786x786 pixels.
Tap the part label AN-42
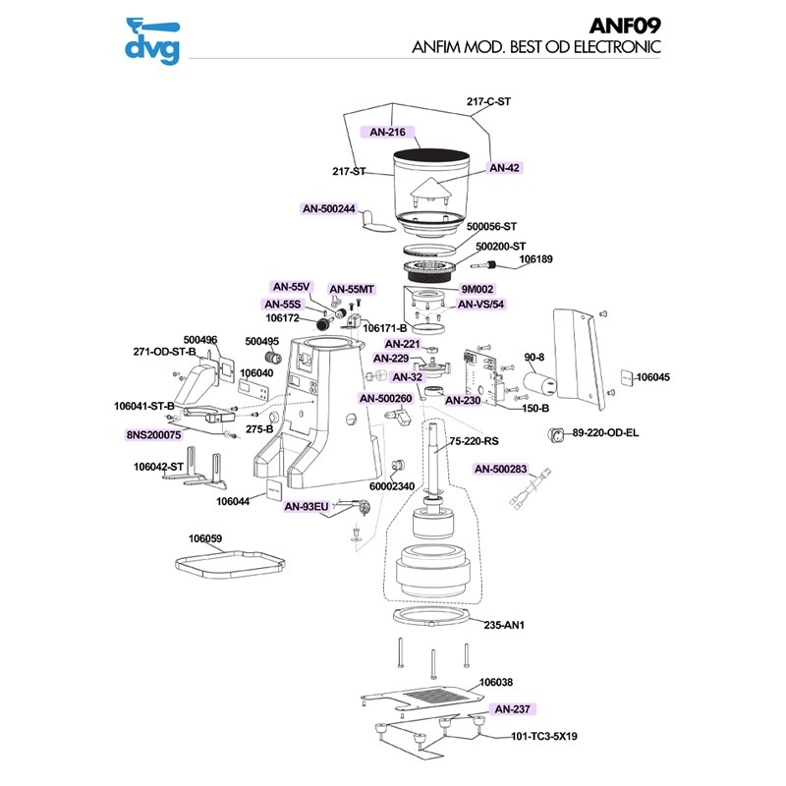pyautogui.click(x=504, y=168)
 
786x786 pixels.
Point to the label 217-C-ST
pyautogui.click(x=488, y=101)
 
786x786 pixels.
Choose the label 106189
pyautogui.click(x=535, y=260)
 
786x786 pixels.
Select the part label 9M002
pyautogui.click(x=477, y=290)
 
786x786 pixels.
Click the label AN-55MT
pyautogui.click(x=352, y=290)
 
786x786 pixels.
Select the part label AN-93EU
pyautogui.click(x=307, y=507)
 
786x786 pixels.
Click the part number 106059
pyautogui.click(x=205, y=538)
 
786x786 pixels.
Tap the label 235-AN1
pyautogui.click(x=504, y=624)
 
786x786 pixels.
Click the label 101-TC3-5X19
pyautogui.click(x=543, y=736)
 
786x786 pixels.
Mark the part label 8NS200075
pyautogui.click(x=153, y=434)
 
